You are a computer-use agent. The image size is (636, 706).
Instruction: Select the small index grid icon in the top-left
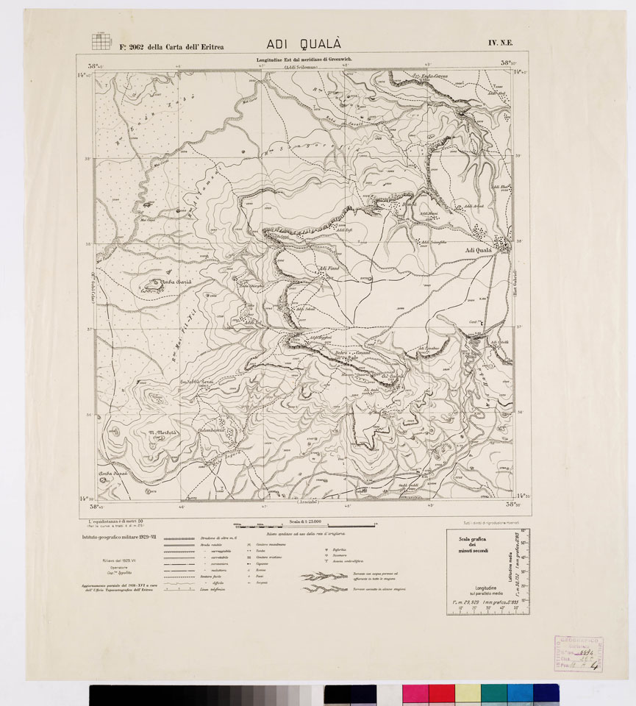click(x=101, y=40)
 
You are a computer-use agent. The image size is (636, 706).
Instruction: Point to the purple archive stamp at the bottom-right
click(x=578, y=652)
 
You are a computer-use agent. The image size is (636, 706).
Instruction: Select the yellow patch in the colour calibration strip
click(x=468, y=693)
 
